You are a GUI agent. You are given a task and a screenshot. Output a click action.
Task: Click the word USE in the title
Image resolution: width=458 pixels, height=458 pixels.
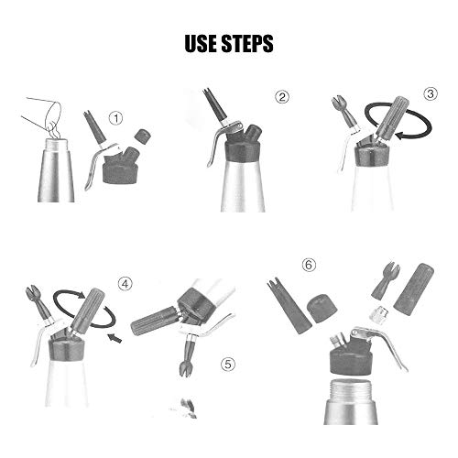tap(201, 43)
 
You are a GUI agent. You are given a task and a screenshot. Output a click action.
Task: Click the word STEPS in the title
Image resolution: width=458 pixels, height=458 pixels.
tap(247, 43)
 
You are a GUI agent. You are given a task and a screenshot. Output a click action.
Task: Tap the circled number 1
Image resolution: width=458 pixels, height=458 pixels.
tap(116, 118)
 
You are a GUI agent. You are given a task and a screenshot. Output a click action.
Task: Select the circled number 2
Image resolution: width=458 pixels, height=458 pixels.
tap(282, 97)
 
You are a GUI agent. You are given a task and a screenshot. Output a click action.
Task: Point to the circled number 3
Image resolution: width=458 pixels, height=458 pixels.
tap(431, 93)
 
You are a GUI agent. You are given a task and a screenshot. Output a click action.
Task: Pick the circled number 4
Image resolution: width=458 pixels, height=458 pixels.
tap(125, 284)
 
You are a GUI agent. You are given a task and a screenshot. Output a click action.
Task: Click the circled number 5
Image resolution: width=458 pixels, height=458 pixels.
tap(228, 364)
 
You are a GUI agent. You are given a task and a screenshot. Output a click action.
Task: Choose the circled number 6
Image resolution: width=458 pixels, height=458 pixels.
tap(309, 265)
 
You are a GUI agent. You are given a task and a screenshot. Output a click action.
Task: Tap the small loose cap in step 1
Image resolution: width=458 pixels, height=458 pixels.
tap(143, 136)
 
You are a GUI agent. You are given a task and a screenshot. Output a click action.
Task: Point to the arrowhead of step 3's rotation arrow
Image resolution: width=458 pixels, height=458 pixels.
tap(400, 135)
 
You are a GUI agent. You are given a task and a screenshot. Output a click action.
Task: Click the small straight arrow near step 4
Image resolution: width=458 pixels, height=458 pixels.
tap(114, 337)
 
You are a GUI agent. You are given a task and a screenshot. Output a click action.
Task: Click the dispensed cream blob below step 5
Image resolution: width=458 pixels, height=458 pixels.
tap(188, 408)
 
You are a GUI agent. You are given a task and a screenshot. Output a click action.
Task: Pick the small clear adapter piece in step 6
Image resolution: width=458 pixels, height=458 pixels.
tap(379, 314)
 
